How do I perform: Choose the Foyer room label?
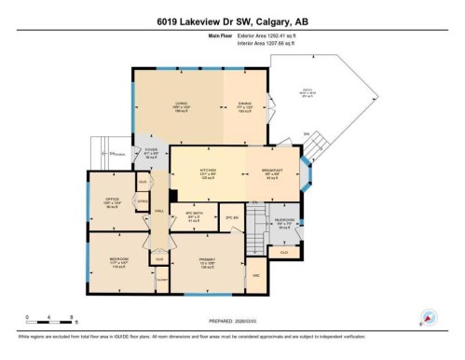click(151, 150)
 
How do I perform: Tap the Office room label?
click(112, 201)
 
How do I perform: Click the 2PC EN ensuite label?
click(233, 218)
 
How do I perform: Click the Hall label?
click(159, 212)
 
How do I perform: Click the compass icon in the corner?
click(428, 316)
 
